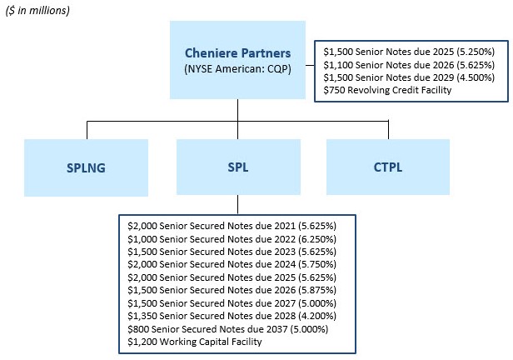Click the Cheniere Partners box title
tap(237, 52)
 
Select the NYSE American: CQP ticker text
tap(237, 69)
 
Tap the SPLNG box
tap(87, 167)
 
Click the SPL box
tap(238, 167)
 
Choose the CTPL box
tap(388, 167)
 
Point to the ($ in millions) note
tap(37, 10)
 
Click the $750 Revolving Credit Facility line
tap(387, 89)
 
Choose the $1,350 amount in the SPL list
tap(142, 316)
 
